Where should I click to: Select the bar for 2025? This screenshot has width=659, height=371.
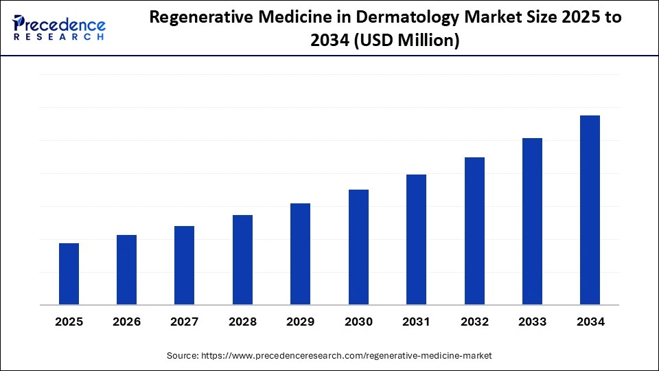[69, 273]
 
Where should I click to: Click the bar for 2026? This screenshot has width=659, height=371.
[126, 269]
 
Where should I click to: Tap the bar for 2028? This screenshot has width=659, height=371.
[242, 260]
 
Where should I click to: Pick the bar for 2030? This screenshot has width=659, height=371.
[358, 247]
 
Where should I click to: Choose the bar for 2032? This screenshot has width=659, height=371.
[474, 231]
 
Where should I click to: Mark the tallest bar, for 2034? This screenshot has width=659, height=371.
[590, 210]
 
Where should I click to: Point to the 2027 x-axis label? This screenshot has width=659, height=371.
[185, 322]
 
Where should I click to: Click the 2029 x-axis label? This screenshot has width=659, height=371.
[301, 322]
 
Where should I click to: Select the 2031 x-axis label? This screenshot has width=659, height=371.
[416, 322]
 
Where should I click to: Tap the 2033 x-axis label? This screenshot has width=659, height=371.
[532, 322]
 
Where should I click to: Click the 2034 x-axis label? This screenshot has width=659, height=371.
[590, 322]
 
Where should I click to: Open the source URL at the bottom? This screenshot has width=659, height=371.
[346, 356]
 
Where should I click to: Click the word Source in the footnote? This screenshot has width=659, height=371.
[182, 356]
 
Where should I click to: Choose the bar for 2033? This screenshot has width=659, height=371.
[532, 221]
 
